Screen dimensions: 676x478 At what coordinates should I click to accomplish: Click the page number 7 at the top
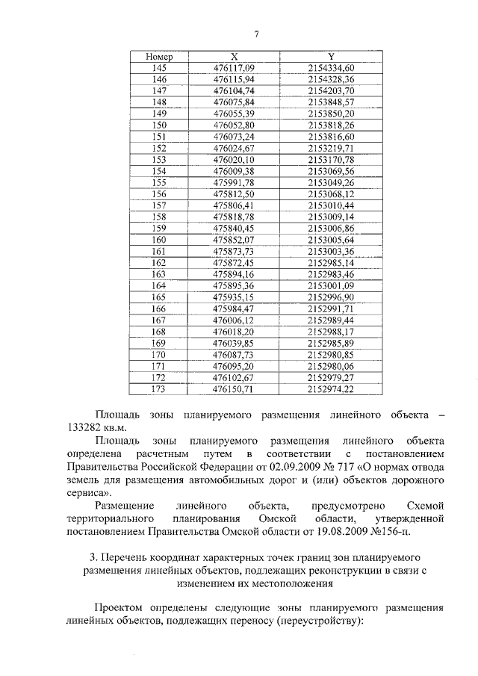point(255,34)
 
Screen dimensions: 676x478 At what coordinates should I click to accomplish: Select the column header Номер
point(159,57)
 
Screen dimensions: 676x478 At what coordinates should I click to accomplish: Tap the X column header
point(234,57)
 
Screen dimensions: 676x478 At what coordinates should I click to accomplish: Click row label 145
point(159,68)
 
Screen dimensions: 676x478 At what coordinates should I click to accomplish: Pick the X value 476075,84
point(234,102)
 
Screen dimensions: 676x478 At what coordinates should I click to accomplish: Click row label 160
point(159,240)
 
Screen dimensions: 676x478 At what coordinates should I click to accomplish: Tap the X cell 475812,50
point(234,194)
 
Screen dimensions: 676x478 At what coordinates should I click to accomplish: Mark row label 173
point(159,389)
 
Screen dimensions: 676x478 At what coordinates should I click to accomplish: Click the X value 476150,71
point(234,389)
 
